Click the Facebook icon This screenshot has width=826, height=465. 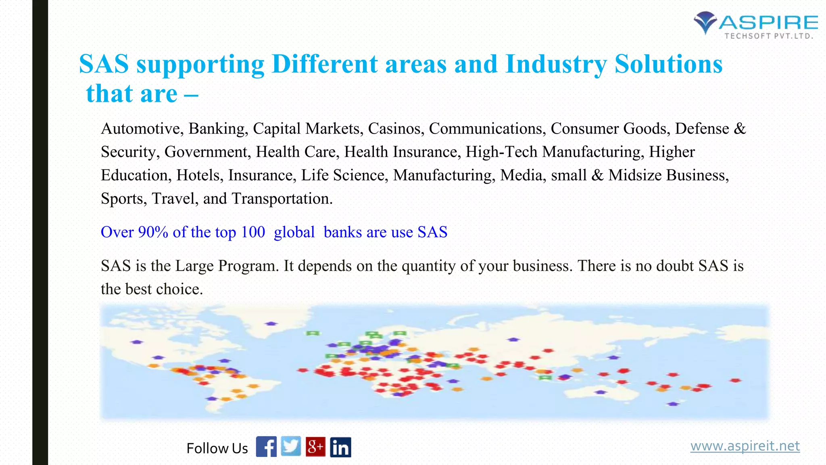[266, 446]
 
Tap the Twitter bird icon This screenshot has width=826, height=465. [291, 446]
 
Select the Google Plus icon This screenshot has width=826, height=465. [315, 446]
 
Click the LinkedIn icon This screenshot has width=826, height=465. [340, 447]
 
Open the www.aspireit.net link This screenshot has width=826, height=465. [745, 446]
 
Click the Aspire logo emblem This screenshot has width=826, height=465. [705, 22]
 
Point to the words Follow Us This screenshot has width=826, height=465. [217, 448]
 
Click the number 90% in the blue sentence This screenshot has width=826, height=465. [153, 232]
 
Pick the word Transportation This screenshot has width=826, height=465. [282, 199]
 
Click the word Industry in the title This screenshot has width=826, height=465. [556, 65]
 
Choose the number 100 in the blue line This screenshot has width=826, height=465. [253, 232]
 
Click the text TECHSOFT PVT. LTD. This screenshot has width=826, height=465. [768, 36]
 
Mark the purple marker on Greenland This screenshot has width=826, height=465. [271, 323]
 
